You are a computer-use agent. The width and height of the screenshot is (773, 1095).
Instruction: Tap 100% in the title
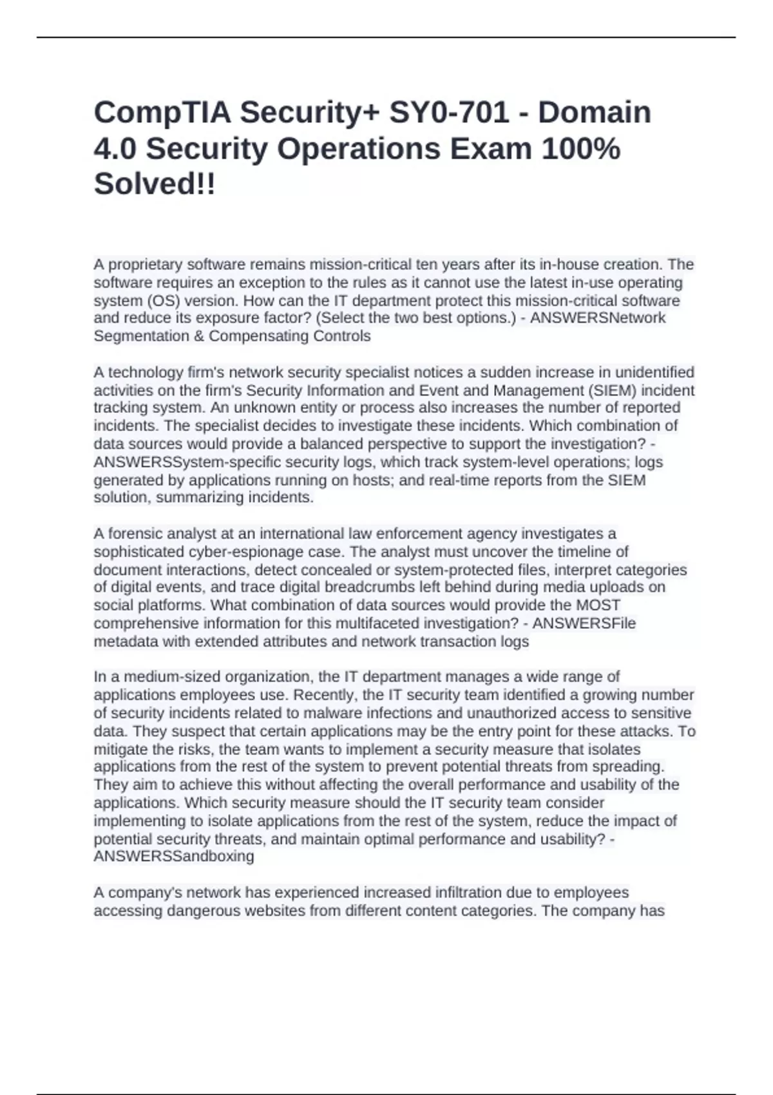point(580,149)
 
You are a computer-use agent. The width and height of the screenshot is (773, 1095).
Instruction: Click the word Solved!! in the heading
point(155,186)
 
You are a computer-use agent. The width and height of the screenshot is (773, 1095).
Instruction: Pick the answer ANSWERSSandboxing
point(174,857)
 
